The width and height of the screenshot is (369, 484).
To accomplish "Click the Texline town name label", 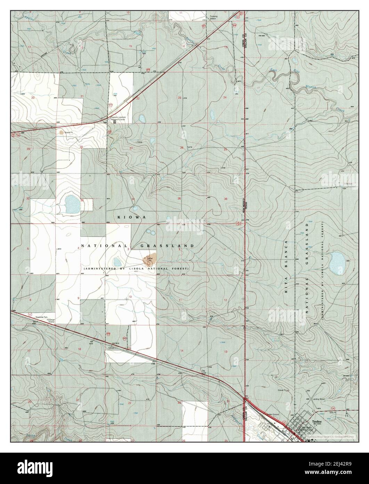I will click(317, 421).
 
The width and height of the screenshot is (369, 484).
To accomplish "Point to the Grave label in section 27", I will click(140, 142).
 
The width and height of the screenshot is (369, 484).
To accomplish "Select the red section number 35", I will click(179, 199).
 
